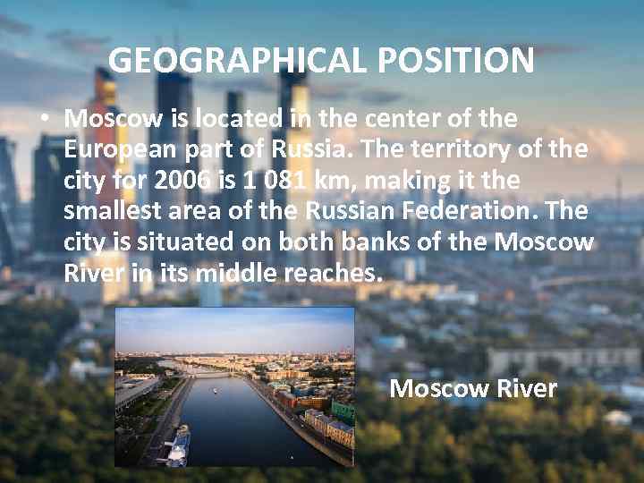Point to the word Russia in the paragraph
tap(309, 149)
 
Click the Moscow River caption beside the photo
tap(473, 389)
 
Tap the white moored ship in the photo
tap(177, 444)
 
